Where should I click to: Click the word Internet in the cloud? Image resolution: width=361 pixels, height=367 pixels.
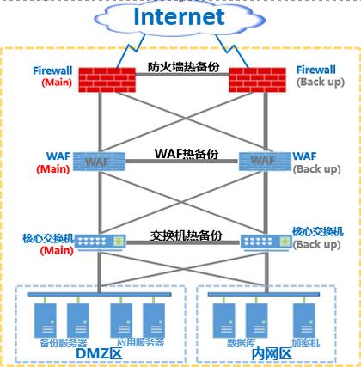point(179,16)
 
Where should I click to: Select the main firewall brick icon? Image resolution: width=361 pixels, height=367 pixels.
point(107,80)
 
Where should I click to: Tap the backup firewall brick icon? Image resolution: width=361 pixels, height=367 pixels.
point(257,80)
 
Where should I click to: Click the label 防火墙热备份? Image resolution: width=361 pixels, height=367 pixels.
point(184,67)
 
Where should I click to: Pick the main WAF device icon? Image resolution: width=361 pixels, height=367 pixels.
point(99,162)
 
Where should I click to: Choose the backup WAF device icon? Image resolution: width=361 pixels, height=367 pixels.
point(265,162)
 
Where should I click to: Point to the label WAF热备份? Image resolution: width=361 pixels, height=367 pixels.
point(187,154)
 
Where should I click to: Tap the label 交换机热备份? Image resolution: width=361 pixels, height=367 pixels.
point(186,235)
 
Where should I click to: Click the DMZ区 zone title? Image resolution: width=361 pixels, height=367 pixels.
point(99,353)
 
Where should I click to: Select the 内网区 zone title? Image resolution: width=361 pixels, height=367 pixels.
point(272,354)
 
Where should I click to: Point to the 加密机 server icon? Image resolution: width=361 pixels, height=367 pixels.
point(304,321)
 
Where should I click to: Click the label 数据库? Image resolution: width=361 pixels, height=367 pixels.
point(241,343)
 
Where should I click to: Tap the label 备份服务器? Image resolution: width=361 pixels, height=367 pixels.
point(64,343)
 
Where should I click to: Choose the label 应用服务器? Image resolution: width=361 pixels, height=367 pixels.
point(140,342)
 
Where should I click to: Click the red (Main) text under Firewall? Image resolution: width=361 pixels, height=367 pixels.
point(57,83)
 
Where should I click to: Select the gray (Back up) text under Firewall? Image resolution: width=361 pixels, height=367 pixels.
point(321,83)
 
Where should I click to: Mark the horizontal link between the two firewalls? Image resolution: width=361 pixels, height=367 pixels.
point(182,75)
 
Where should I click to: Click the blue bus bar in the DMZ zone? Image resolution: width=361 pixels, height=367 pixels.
point(99,295)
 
